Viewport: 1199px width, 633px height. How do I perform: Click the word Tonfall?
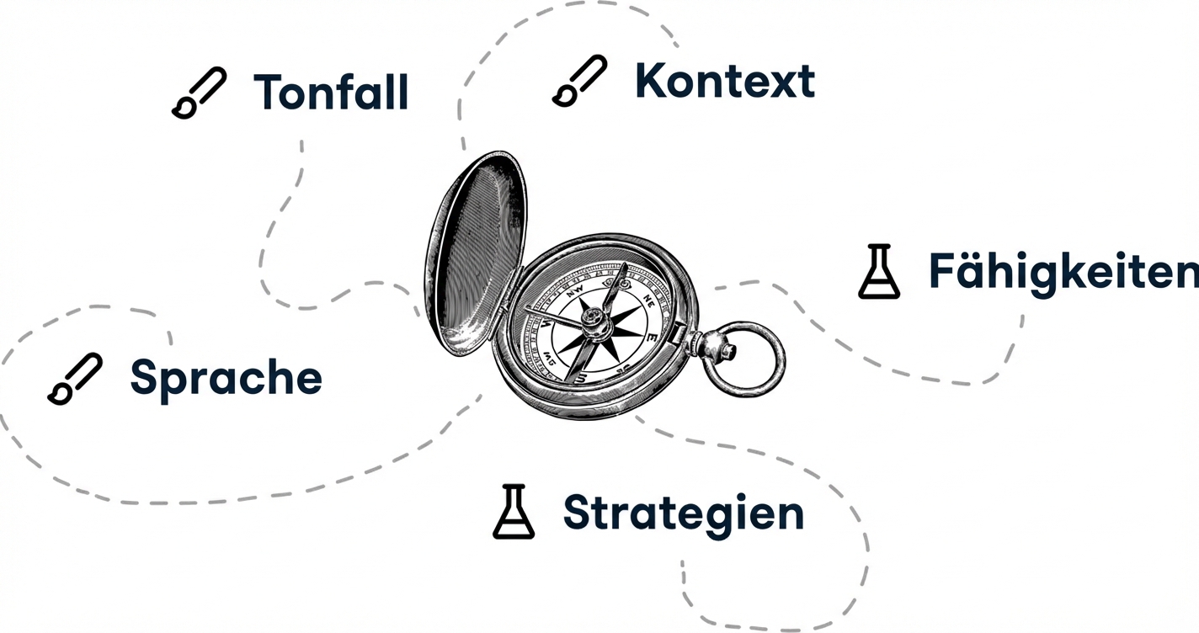click(x=331, y=92)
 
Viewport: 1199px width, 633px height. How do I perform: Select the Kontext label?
click(x=725, y=81)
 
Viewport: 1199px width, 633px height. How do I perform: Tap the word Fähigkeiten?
click(x=1063, y=273)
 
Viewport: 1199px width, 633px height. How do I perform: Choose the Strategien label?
click(x=684, y=513)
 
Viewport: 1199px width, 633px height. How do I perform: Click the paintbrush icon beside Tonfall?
click(x=199, y=93)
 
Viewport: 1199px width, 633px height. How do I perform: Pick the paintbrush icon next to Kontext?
click(x=579, y=81)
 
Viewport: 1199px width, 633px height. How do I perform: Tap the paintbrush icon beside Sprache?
click(x=75, y=379)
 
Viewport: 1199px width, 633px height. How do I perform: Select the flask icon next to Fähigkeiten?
click(x=879, y=271)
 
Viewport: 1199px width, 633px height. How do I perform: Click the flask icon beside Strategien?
click(x=514, y=512)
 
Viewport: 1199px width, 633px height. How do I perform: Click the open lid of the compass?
click(x=476, y=254)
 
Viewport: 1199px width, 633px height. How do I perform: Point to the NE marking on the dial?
click(x=649, y=299)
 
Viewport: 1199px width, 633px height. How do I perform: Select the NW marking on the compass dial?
click(x=575, y=291)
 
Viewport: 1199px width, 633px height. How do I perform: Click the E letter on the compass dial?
click(x=652, y=338)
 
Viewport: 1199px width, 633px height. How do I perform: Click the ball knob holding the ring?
click(x=715, y=348)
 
